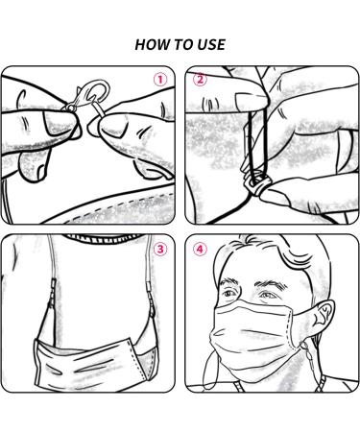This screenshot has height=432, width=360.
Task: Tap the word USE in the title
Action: point(211,44)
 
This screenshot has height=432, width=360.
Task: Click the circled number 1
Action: point(160,80)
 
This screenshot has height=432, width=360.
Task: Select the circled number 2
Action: point(200,80)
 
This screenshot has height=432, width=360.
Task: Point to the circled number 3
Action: point(160,249)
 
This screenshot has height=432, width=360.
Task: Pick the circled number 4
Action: point(200,249)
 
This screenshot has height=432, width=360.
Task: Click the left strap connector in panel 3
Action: point(52,292)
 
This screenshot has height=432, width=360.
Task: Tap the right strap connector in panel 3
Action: point(149,292)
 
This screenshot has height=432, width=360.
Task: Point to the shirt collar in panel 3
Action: point(104,239)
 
